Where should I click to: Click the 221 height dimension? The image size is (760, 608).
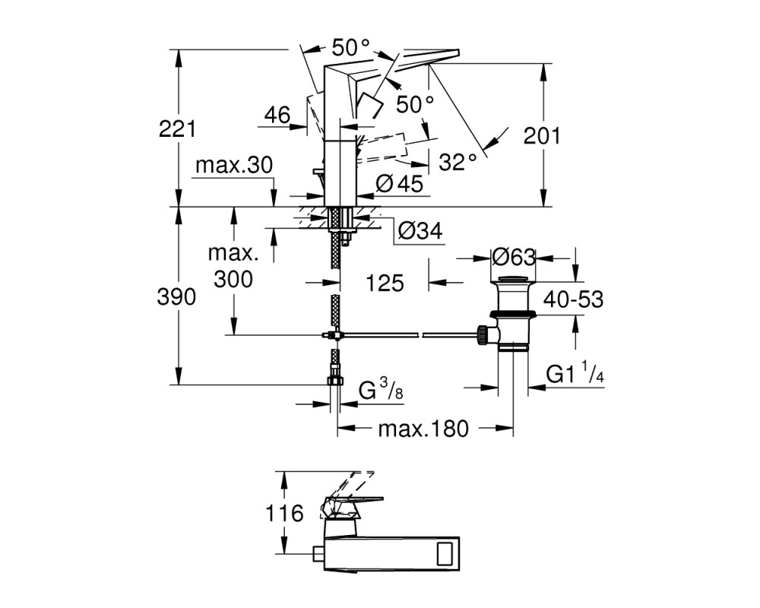[x=177, y=128]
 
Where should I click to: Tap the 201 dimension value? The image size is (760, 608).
[x=541, y=136]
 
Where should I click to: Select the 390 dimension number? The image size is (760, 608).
[x=176, y=296]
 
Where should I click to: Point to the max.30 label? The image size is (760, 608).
[x=234, y=166]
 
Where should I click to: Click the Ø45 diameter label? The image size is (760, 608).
[x=400, y=184]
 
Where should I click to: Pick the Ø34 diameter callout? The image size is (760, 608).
[x=420, y=231]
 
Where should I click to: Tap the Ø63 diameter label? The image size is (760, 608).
[x=514, y=257]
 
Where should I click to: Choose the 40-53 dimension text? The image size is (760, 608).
[x=573, y=299]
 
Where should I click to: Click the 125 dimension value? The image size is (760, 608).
[x=385, y=283]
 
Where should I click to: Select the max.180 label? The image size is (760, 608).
[x=423, y=429]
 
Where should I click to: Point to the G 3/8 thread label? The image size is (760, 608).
[x=381, y=389]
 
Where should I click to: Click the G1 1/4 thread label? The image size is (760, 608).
[x=575, y=372]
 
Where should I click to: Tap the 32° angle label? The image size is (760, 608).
[x=458, y=162]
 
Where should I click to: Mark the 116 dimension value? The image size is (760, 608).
[x=284, y=513]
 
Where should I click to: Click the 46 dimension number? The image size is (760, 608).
[x=277, y=115]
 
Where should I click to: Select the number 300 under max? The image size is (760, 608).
[x=233, y=279]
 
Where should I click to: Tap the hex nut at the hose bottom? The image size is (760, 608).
[x=335, y=380]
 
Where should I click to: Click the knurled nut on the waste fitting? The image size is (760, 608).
[x=483, y=335]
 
